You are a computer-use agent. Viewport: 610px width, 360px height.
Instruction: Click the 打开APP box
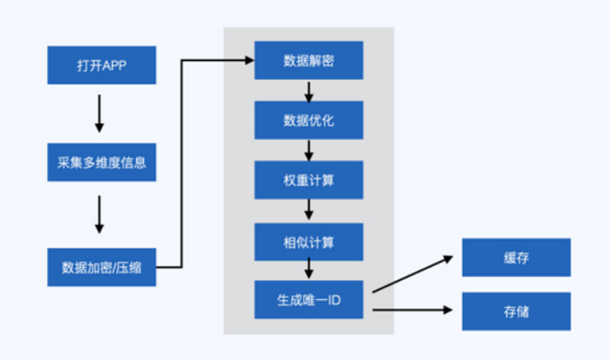coord(101,66)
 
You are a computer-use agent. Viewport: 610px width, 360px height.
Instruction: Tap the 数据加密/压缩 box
coord(101,267)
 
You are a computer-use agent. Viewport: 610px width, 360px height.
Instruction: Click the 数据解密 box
coord(309,60)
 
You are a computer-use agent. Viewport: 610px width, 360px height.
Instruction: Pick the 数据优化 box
coord(309,120)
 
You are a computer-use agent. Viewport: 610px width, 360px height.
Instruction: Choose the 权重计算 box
coord(309,180)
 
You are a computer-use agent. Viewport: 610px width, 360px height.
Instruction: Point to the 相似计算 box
coord(309,240)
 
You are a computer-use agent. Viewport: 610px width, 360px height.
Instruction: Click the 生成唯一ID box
coord(309,300)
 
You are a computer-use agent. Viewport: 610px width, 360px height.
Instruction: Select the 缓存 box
coord(516,258)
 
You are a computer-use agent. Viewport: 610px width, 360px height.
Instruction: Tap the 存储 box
coord(516,311)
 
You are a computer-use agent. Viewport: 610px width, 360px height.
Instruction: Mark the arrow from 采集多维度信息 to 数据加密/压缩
coord(101,215)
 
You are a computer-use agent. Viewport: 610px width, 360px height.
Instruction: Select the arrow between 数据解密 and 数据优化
coord(309,90)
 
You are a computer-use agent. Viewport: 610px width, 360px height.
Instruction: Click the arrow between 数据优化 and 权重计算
coord(309,150)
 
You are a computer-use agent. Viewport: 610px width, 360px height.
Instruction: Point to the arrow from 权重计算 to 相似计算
coord(309,210)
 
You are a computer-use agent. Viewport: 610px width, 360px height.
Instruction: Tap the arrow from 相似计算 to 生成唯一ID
coord(309,270)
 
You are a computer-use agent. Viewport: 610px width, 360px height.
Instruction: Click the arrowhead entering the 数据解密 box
coord(247,60)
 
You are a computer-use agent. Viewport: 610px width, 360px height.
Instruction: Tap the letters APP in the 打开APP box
coord(114,66)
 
